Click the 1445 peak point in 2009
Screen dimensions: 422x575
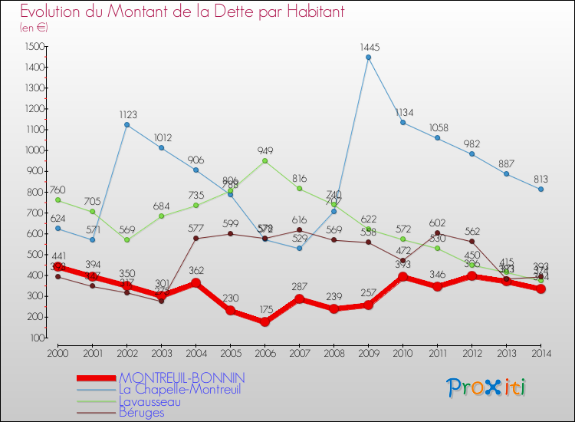click(368, 57)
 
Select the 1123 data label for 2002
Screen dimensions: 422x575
click(128, 114)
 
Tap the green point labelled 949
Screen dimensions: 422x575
click(264, 160)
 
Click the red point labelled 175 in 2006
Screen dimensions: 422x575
click(264, 322)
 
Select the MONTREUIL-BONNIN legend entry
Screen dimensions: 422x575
click(182, 378)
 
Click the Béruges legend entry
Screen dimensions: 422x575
click(141, 413)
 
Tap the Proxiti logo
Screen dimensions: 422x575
click(487, 387)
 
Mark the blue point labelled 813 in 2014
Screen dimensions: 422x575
click(540, 189)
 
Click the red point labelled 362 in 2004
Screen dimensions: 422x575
click(195, 283)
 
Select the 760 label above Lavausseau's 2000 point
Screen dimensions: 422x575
click(58, 190)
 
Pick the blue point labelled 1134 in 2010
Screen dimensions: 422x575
click(402, 122)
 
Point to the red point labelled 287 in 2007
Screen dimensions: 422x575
click(299, 298)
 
